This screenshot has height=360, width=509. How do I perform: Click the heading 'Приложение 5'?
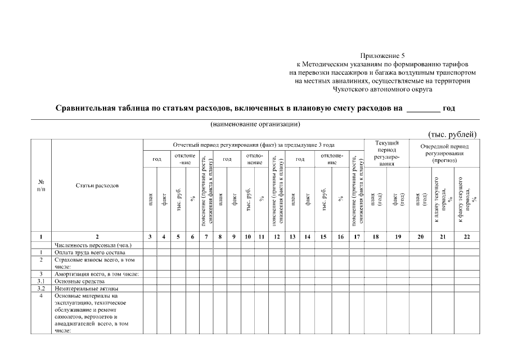382,56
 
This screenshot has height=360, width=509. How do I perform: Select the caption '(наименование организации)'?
255,124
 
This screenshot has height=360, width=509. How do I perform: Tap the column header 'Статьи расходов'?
97,185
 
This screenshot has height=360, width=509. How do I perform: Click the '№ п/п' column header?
41,185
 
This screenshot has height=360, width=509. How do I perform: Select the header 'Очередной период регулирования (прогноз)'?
444,153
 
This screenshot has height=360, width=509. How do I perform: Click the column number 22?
466,237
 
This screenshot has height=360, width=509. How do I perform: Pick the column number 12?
276,237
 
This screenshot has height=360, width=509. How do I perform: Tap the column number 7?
206,237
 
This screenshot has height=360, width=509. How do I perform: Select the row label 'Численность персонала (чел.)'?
93,245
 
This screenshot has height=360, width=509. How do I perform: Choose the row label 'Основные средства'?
79,281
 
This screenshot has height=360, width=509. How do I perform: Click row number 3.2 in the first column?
41,288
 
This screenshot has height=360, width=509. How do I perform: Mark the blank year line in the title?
424,109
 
